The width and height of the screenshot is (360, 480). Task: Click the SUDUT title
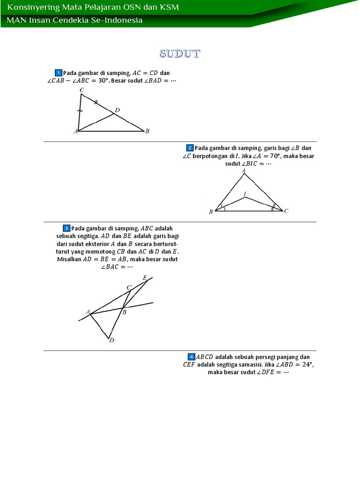(180, 54)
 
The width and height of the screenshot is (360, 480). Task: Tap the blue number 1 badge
(58, 73)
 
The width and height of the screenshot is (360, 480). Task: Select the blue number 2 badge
(190, 148)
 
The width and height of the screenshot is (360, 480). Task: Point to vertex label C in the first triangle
(82, 90)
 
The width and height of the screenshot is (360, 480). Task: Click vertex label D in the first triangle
(117, 110)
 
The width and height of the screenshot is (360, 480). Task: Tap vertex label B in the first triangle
(147, 131)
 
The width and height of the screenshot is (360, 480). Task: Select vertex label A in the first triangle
(75, 132)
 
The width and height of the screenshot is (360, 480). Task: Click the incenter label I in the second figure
(244, 193)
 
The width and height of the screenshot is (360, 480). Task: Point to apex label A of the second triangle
(244, 171)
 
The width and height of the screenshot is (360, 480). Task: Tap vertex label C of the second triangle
(286, 211)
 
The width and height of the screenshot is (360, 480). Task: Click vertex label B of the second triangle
(211, 212)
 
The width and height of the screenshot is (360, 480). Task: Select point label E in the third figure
(145, 278)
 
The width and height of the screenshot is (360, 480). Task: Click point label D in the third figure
(112, 340)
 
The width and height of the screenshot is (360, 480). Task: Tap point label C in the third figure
(129, 287)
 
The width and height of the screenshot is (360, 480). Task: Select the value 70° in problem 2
(275, 156)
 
